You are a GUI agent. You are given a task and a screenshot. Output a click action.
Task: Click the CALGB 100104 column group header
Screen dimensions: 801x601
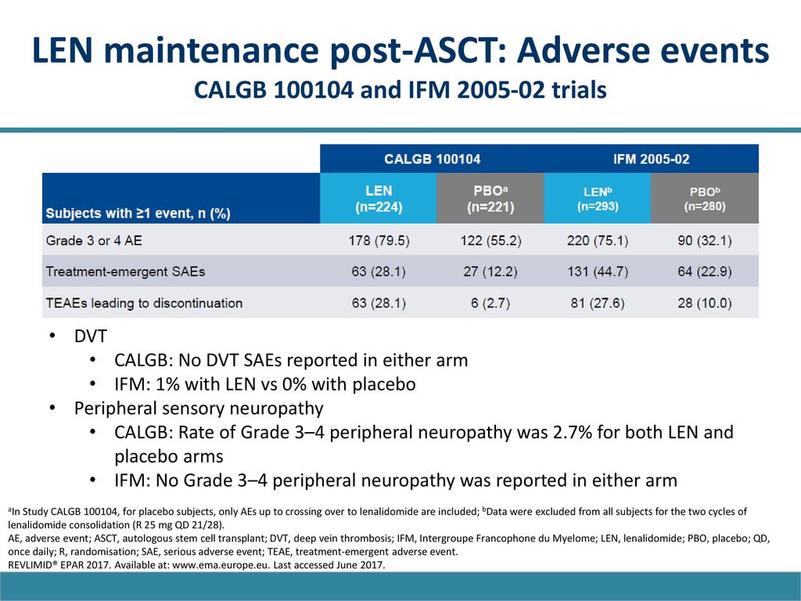pos(432,159)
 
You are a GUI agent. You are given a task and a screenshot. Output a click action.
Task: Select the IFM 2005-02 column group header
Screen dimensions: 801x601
pos(652,159)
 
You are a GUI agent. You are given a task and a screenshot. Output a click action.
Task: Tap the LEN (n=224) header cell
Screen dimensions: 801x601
pos(379,198)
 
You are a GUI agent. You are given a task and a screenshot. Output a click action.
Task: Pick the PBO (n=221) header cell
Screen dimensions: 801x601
pos(490,198)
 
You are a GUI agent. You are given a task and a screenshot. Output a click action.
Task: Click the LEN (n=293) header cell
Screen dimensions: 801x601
pos(598,198)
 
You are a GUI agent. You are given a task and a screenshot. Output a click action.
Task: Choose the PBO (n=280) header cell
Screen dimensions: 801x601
pos(705,198)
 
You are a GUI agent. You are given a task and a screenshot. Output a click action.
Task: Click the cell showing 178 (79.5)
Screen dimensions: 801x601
pos(379,240)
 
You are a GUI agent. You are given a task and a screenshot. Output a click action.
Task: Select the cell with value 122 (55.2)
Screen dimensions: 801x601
pos(491,240)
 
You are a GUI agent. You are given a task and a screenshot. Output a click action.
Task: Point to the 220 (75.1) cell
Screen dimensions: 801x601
pos(598,240)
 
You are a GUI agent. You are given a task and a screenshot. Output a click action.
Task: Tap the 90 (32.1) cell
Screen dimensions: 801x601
pos(705,240)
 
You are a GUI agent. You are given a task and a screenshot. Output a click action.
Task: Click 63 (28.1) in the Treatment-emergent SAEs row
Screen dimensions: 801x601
pos(379,272)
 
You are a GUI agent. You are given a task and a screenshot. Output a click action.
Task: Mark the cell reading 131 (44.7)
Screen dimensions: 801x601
pos(598,272)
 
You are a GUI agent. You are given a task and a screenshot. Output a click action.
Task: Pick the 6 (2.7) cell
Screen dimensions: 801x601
pos(490,303)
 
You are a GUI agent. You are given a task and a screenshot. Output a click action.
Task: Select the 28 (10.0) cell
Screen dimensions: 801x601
pos(705,303)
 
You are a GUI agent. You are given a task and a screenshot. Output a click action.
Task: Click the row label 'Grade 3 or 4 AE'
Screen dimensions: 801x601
pos(94,240)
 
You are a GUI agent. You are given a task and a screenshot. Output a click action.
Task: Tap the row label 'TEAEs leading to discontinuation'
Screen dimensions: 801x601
pos(144,303)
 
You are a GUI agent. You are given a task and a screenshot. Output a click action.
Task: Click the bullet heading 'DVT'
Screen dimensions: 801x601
pos(91,336)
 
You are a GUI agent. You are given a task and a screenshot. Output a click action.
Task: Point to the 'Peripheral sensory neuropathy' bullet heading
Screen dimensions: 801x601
pos(199,408)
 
